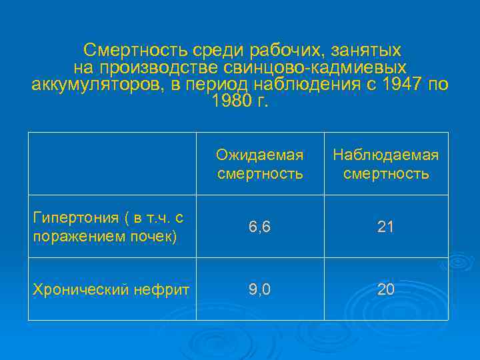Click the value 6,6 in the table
[x=259, y=227]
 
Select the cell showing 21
[x=385, y=227]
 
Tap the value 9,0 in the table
[x=259, y=289]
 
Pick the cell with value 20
[x=385, y=289]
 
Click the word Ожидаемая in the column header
[x=259, y=155]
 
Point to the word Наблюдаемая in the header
[x=385, y=155]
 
